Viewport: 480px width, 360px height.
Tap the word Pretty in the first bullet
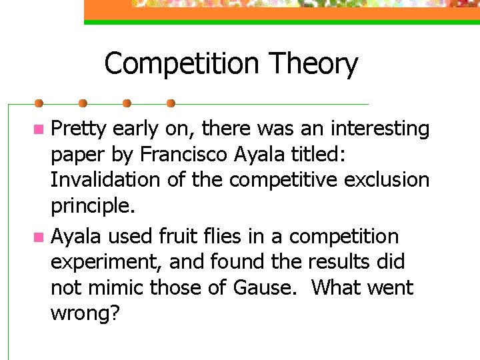[79, 129]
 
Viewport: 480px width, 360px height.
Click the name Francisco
[184, 155]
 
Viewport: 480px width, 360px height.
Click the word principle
[93, 206]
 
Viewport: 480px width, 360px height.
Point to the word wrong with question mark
[85, 314]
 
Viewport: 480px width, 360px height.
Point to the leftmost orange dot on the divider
[39, 104]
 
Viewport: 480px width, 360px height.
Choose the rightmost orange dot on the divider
[171, 104]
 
